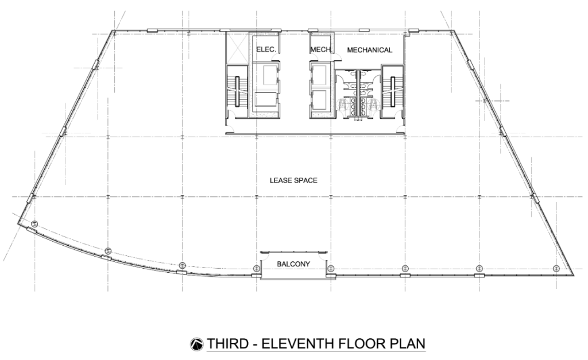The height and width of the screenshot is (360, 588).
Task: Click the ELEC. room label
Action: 266,49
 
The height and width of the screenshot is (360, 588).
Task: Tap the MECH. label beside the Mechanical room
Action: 321,49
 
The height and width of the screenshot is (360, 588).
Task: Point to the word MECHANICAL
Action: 370,50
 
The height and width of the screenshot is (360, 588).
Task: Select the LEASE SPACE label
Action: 293,180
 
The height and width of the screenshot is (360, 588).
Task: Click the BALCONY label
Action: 293,264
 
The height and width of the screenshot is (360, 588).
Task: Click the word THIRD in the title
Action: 227,343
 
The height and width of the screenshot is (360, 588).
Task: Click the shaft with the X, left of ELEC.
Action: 238,48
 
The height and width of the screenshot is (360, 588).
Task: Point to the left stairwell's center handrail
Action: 237,91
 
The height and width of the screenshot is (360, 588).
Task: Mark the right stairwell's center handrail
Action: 393,91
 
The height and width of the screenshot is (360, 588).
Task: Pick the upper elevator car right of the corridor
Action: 320,75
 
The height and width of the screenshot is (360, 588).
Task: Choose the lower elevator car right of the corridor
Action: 320,100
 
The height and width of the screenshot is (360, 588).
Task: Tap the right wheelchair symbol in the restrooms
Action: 372,104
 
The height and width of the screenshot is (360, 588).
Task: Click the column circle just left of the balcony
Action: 257,269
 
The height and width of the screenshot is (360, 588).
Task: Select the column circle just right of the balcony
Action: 331,269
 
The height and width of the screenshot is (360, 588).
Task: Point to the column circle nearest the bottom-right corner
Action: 556,269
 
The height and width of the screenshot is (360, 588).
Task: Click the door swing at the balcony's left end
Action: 265,256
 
